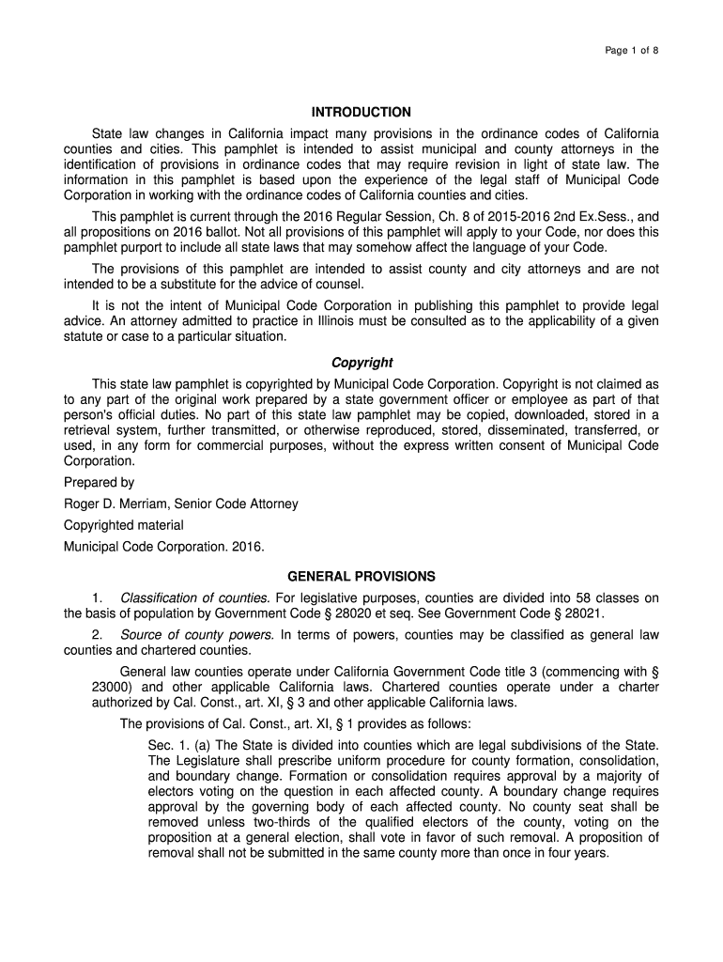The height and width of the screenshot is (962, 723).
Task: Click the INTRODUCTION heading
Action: (361, 112)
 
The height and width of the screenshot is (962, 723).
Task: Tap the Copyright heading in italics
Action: (361, 363)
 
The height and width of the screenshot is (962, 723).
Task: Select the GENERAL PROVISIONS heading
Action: (361, 576)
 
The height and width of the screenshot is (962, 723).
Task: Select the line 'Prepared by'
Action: (99, 482)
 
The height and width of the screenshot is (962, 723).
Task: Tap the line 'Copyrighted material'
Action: (123, 525)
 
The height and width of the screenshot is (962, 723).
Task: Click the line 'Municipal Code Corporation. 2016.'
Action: (164, 546)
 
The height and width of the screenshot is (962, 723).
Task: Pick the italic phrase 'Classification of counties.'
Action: (195, 597)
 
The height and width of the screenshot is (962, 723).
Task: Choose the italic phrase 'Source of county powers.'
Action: (197, 634)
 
